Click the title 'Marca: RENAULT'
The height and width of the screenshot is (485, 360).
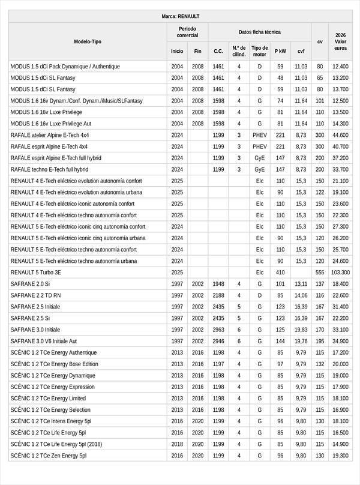coord(180,16)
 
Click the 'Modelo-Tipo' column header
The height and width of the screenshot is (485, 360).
coord(88,41)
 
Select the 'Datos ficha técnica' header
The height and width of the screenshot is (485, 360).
coord(259,32)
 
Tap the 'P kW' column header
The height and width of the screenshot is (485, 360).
coord(280,51)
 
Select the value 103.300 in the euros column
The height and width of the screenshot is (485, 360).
coord(341,272)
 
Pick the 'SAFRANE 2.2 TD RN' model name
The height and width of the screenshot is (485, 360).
coord(35,295)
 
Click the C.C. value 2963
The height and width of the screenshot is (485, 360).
coord(218,330)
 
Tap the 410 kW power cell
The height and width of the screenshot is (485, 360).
coord(280,272)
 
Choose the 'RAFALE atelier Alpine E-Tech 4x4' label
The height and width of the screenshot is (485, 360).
coord(50,135)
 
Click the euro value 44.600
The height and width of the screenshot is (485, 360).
coord(341,135)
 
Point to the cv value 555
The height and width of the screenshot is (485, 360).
coord(320,272)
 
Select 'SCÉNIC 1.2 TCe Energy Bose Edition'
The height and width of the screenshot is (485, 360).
coord(55,364)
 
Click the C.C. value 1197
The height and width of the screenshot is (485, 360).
coord(218,364)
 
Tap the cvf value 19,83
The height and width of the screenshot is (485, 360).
coord(301,330)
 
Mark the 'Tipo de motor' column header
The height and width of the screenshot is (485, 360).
coord(260,51)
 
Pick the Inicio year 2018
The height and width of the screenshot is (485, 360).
coord(177,444)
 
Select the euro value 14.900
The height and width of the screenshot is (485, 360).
coord(341,444)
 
